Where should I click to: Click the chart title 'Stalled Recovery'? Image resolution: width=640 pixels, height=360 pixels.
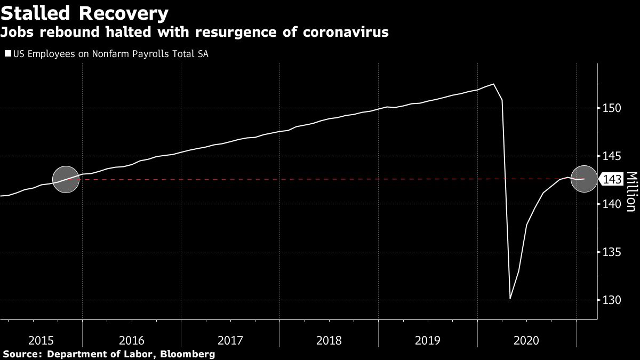coord(85,12)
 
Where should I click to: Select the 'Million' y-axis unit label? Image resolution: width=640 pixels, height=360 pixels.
coord(631,192)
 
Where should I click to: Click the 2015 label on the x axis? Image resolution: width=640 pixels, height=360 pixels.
coord(41,339)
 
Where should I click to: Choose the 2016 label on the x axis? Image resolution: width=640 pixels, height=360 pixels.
coord(132,339)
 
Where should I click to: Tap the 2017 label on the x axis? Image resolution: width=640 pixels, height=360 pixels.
coord(230,339)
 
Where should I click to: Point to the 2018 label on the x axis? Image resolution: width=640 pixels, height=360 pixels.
coord(329,339)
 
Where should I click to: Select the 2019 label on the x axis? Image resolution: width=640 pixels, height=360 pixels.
coord(428,339)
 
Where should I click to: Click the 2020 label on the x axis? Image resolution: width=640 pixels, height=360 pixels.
coord(526,339)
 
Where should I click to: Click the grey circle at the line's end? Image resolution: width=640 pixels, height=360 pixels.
coord(584,179)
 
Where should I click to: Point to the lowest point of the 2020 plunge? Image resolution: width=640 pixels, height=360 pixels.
coord(510,298)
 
